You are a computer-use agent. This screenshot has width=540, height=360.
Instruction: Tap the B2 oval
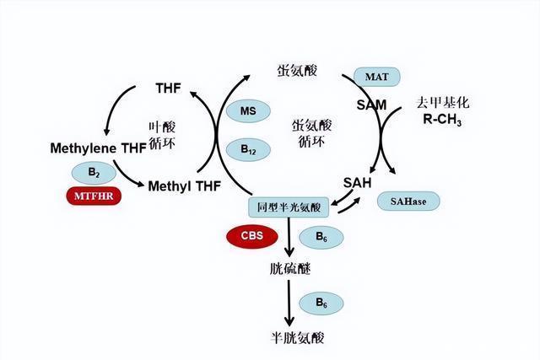point(94,173)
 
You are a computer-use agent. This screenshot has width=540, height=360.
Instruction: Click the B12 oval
point(248,150)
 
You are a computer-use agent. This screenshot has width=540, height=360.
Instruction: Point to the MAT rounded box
point(375,78)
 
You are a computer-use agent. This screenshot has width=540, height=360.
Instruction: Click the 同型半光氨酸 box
point(288,207)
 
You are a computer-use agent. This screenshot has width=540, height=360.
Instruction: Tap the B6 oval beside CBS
point(322,237)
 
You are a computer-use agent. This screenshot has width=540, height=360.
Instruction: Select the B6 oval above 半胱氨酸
point(322,301)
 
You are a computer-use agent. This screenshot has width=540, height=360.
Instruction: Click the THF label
point(169,88)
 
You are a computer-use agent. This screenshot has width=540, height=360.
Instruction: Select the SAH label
point(358,182)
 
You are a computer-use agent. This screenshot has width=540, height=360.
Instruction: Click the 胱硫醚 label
point(287,268)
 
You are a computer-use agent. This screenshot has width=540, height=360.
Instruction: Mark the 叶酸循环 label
point(161,134)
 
